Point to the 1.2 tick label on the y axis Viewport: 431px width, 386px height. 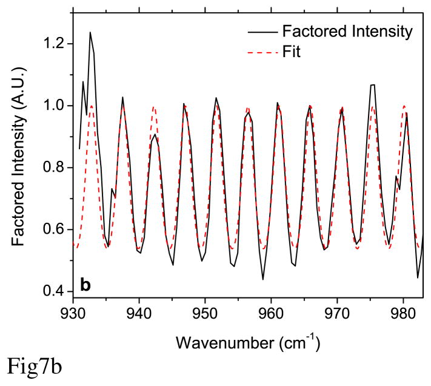53,44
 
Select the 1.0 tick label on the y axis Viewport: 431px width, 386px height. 53,106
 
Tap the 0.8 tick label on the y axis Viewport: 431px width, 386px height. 53,168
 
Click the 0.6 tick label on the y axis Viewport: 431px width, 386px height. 53,229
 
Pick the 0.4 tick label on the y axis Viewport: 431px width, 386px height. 53,291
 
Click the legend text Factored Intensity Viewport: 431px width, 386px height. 344,30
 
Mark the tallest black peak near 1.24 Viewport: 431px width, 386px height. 90,33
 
